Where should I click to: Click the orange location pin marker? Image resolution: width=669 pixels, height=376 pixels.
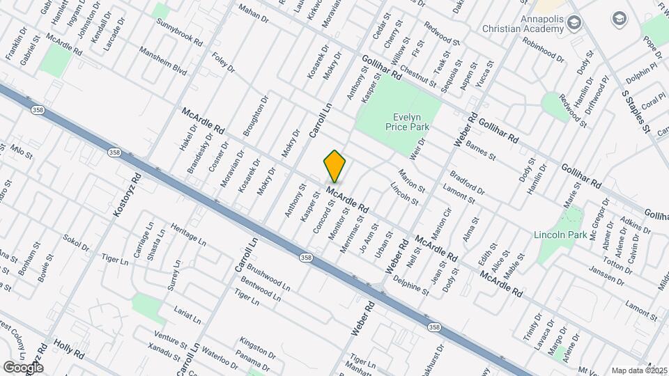click(335, 166)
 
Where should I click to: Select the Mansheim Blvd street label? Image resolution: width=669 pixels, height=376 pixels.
click(163, 61)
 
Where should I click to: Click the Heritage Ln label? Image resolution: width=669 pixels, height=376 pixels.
click(188, 235)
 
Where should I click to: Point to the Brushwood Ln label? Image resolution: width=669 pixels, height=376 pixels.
click(268, 278)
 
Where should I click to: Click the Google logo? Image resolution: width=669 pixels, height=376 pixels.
click(23, 367)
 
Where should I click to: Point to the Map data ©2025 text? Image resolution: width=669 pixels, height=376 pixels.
click(640, 370)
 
